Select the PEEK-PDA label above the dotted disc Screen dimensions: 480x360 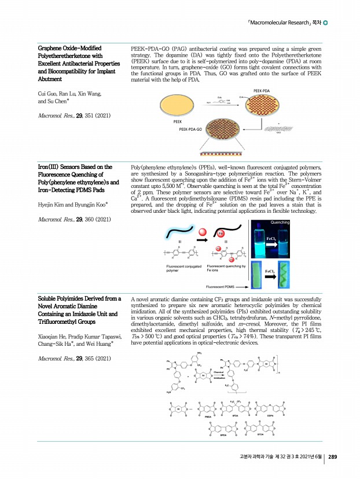click(262, 91)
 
